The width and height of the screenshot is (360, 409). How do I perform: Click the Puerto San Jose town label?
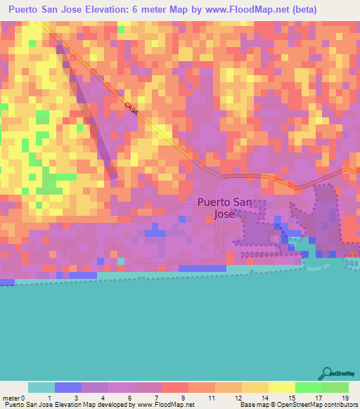(222, 207)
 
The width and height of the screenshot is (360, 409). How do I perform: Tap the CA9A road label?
(130, 109)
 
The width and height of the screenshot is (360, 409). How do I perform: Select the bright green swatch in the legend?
(308, 387)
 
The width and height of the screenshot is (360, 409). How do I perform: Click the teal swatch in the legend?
(41, 387)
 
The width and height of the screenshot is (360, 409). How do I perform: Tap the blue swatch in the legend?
(67, 387)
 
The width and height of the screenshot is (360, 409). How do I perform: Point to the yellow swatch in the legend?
(281, 387)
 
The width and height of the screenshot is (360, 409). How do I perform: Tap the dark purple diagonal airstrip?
(90, 112)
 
